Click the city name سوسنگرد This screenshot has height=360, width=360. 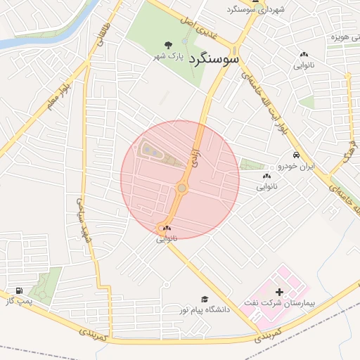click(214, 58)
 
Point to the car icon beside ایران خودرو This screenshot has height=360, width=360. click(296, 155)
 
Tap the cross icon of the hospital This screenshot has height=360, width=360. click(279, 291)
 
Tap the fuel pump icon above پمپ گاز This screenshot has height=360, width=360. click(18, 290)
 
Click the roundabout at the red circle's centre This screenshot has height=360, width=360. click(182, 187)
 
